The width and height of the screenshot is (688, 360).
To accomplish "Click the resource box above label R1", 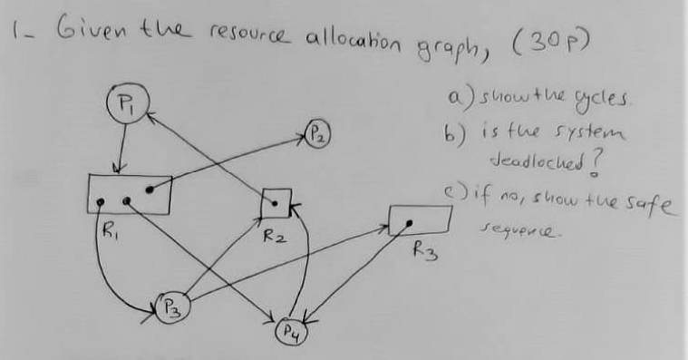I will click(x=129, y=194).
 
